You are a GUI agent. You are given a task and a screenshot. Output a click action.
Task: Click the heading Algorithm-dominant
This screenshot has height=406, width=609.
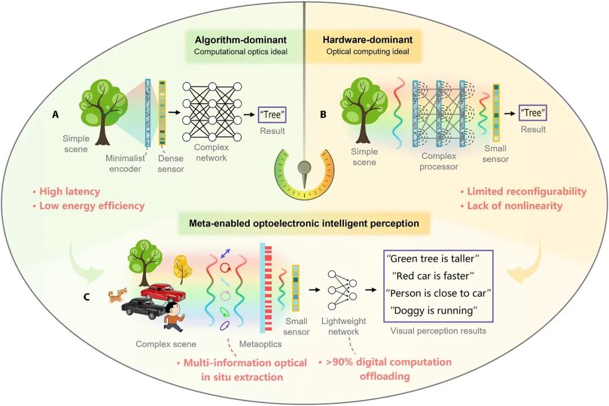point(241,39)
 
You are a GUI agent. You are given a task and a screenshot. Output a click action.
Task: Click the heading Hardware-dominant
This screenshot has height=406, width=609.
point(368,39)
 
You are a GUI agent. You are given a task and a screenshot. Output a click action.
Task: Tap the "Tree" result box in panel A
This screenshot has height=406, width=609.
point(272,115)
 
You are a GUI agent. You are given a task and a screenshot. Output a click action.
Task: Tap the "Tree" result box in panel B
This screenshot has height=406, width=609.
point(533,113)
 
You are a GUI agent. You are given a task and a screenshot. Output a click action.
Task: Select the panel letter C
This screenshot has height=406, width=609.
point(87,297)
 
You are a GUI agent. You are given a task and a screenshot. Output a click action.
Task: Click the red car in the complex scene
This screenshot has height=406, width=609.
point(162,293)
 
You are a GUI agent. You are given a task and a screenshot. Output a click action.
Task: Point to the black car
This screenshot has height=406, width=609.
point(143,308)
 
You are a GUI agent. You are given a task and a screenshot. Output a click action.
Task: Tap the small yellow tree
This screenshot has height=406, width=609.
point(183,267)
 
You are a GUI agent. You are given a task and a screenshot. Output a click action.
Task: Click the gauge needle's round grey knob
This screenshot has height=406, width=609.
point(304,167)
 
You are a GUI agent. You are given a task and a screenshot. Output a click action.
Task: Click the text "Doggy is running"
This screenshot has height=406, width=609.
point(434,310)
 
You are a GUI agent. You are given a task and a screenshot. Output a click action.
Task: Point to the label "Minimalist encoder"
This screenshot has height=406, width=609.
point(125,163)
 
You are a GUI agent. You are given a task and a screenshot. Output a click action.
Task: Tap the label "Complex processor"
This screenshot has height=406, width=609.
point(439,161)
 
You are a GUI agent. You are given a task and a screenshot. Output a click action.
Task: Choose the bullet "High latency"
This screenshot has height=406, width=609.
point(66,191)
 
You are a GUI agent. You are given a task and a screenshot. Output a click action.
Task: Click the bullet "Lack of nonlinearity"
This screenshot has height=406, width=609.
point(511,206)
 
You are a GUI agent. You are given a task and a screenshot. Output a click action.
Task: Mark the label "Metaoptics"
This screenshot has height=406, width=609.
point(260,344)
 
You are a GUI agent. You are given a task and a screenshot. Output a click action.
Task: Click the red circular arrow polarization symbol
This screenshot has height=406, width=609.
point(225,267)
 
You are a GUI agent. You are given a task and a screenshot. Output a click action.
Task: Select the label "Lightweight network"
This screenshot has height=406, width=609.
point(344,326)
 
